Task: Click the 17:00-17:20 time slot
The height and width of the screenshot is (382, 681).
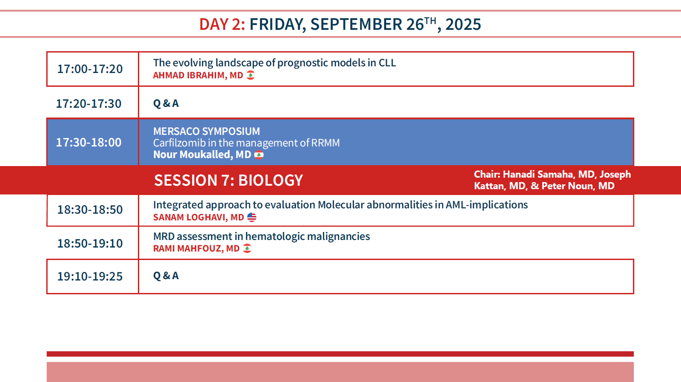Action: pyautogui.click(x=90, y=69)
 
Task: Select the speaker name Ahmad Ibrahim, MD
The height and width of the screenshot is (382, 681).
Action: pyautogui.click(x=198, y=75)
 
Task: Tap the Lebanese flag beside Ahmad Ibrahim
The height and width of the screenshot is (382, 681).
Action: pyautogui.click(x=250, y=75)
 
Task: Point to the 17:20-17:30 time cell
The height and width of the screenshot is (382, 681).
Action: pyautogui.click(x=89, y=104)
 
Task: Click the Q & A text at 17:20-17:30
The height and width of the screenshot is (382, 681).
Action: pyautogui.click(x=166, y=103)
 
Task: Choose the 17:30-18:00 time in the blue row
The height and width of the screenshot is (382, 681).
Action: pyautogui.click(x=89, y=142)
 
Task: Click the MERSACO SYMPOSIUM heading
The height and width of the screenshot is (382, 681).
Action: pyautogui.click(x=206, y=131)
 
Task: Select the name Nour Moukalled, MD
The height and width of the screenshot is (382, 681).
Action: pyautogui.click(x=202, y=154)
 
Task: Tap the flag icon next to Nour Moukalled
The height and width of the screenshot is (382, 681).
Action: pyautogui.click(x=259, y=154)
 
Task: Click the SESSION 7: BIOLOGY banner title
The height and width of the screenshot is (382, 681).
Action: pyautogui.click(x=229, y=180)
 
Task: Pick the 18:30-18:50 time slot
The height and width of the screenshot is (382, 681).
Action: pyautogui.click(x=90, y=210)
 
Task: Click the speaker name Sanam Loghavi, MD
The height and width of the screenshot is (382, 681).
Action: pyautogui.click(x=198, y=217)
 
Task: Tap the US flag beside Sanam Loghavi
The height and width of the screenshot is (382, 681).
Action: pyautogui.click(x=252, y=217)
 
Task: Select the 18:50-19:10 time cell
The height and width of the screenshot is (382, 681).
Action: pyautogui.click(x=90, y=244)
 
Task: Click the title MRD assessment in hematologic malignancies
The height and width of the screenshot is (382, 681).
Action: pyautogui.click(x=262, y=236)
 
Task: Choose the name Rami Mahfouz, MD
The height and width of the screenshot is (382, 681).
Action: pyautogui.click(x=197, y=249)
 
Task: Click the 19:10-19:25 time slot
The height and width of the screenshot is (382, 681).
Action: pyautogui.click(x=90, y=276)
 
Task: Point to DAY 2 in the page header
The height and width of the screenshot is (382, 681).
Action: pyautogui.click(x=222, y=24)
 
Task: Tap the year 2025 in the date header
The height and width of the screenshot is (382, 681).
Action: pyautogui.click(x=463, y=24)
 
